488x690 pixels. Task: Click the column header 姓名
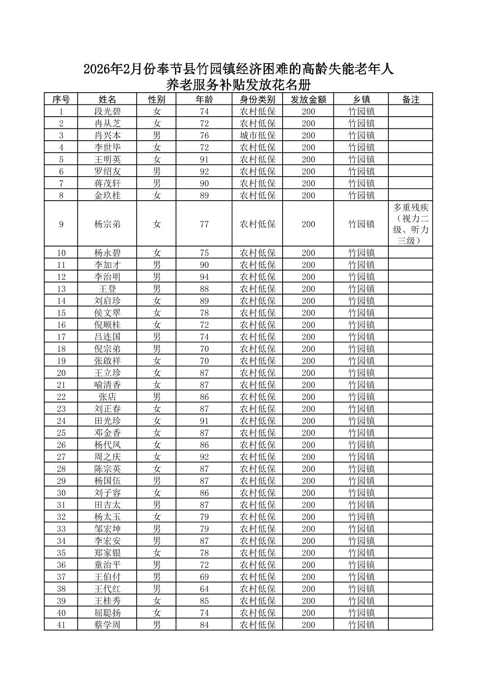click(107, 99)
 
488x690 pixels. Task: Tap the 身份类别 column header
click(258, 99)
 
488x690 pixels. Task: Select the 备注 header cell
click(410, 99)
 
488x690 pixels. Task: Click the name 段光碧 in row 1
click(107, 112)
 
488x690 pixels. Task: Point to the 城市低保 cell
click(258, 135)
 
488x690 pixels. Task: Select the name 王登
click(107, 289)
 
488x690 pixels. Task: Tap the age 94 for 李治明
click(204, 277)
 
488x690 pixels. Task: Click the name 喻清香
click(107, 385)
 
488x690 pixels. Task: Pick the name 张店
click(107, 397)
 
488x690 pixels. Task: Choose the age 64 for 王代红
click(204, 589)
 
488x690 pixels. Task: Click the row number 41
click(61, 625)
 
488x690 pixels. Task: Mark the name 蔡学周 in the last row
click(107, 625)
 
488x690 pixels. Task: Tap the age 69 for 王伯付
click(204, 577)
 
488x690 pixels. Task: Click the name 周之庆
click(107, 457)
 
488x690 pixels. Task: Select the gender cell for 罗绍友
click(156, 172)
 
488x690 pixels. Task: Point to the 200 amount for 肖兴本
click(308, 135)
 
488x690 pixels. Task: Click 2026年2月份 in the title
click(114, 69)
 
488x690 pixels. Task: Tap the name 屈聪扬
click(107, 613)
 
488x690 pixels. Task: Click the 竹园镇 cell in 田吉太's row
click(361, 505)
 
